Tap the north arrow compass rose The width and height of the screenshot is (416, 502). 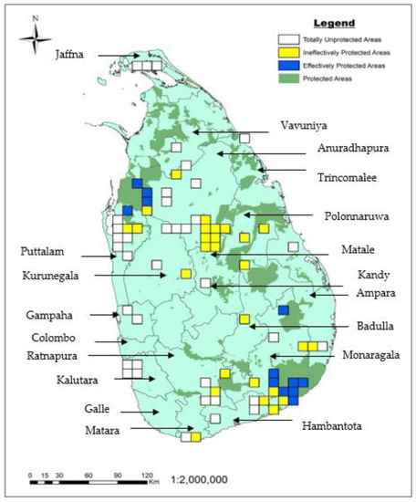pos(35,37)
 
